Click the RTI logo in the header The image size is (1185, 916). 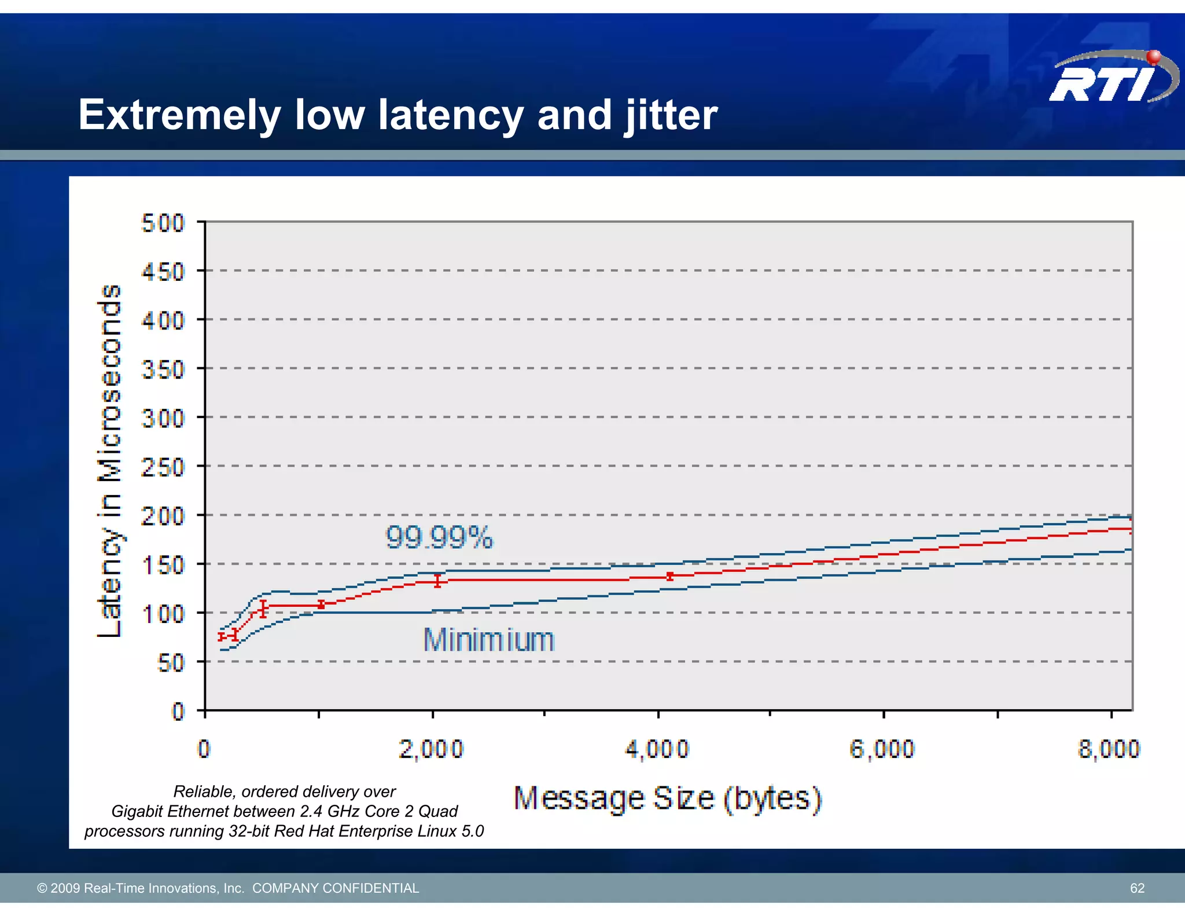[x=1112, y=78]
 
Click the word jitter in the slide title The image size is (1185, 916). [x=671, y=115]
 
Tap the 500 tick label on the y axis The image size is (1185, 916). [x=163, y=223]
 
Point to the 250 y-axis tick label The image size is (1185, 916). [x=163, y=467]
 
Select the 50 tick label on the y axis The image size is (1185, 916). [x=171, y=662]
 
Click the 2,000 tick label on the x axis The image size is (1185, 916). [x=431, y=749]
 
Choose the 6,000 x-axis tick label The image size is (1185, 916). [x=882, y=749]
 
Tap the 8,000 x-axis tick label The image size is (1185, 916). [x=1109, y=749]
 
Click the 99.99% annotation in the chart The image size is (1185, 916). [x=439, y=537]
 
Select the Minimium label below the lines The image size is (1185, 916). [x=489, y=640]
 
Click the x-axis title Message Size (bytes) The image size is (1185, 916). [x=668, y=798]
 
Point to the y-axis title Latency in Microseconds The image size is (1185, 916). [x=110, y=461]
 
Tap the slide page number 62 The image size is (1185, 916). [x=1137, y=888]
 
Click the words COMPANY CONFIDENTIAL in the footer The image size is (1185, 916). [x=336, y=888]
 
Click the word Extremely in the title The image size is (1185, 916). [x=179, y=115]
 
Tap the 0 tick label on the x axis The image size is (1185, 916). [x=204, y=749]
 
